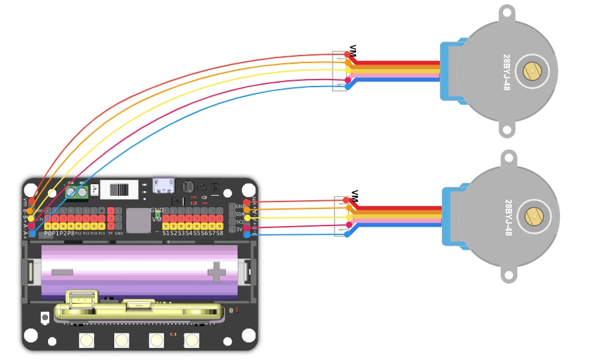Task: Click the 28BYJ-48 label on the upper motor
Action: (x=506, y=71)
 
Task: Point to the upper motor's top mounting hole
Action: (x=507, y=12)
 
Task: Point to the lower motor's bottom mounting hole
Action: (x=508, y=275)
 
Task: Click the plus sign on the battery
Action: (x=217, y=273)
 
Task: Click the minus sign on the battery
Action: (x=62, y=272)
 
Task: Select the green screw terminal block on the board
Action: (x=76, y=191)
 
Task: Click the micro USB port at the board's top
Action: (x=164, y=185)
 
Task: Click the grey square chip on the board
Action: (x=138, y=220)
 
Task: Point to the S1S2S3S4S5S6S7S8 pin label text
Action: (x=193, y=233)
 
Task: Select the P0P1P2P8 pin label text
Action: (x=59, y=233)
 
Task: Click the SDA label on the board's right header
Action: (x=241, y=214)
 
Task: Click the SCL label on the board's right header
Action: (x=241, y=222)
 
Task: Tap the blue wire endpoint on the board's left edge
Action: (x=32, y=234)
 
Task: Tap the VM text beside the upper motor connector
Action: (x=353, y=51)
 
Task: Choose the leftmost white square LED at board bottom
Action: (x=86, y=340)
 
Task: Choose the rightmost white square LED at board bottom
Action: (x=191, y=340)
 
